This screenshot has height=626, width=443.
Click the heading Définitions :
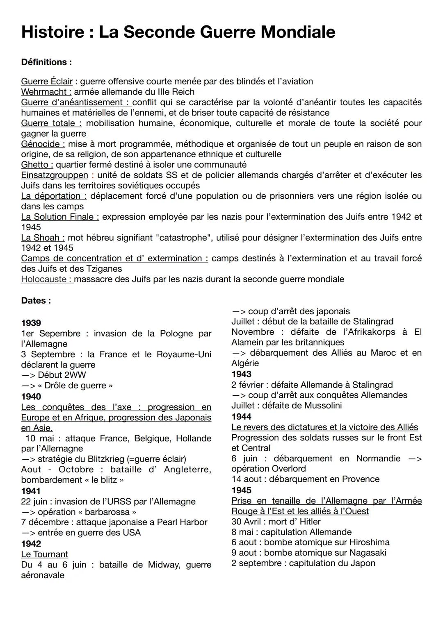(46, 62)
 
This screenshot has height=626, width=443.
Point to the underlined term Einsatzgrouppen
(55, 175)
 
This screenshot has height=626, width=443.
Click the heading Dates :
(36, 300)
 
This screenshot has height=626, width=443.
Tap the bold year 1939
(31, 323)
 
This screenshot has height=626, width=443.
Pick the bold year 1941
(31, 491)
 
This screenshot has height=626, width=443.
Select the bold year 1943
(242, 374)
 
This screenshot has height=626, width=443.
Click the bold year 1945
(242, 490)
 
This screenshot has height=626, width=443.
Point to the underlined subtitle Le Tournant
(44, 554)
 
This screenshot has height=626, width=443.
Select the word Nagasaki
(368, 552)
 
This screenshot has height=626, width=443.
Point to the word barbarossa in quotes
(109, 512)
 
